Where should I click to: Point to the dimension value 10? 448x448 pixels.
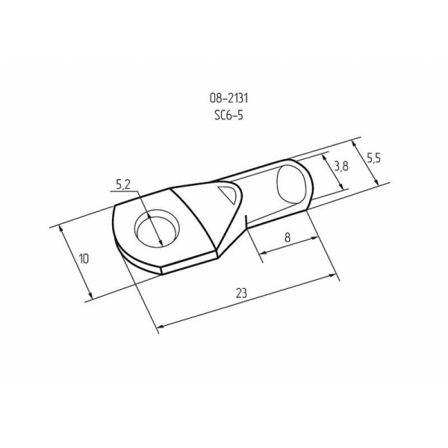83,258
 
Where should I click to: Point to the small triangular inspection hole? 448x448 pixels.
228,195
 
